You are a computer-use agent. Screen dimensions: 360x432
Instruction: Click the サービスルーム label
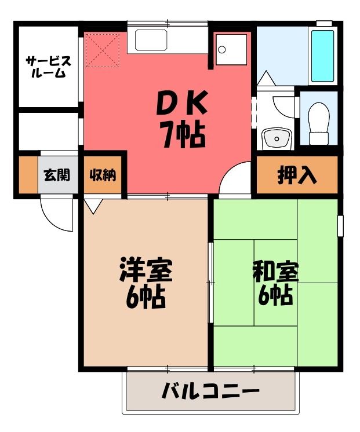pos(49,67)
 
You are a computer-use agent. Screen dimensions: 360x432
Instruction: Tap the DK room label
pos(182,103)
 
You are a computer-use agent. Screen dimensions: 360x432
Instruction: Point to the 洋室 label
pos(146,269)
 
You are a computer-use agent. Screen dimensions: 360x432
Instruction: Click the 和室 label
pos(275,273)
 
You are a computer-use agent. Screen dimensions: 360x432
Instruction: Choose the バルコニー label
pos(211,391)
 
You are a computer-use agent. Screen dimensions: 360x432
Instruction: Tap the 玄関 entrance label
pos(57,175)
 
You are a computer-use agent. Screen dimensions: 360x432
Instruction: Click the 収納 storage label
pos(103,175)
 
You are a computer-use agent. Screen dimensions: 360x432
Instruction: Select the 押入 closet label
pos(297,175)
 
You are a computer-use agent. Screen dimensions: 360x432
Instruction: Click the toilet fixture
pos(319,124)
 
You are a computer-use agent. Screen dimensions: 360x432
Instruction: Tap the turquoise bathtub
pos(322,56)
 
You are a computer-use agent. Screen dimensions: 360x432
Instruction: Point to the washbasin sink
pos(277,138)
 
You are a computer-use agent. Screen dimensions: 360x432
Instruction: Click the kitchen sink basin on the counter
pos(151,40)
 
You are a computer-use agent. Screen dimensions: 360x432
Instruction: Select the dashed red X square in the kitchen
pos(103,50)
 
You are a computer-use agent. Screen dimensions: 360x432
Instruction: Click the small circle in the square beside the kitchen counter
pos(221,50)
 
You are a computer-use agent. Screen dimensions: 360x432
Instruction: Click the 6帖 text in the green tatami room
pos(275,295)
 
